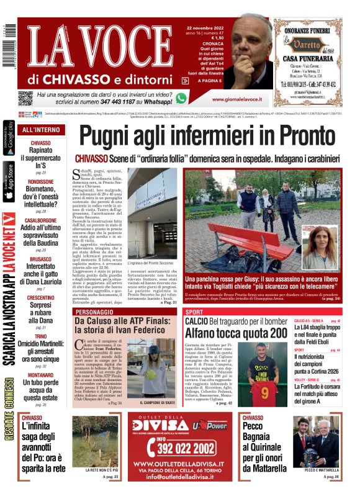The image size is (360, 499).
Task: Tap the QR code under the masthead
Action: click(x=25, y=98)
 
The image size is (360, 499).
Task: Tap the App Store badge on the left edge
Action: click(x=8, y=180)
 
